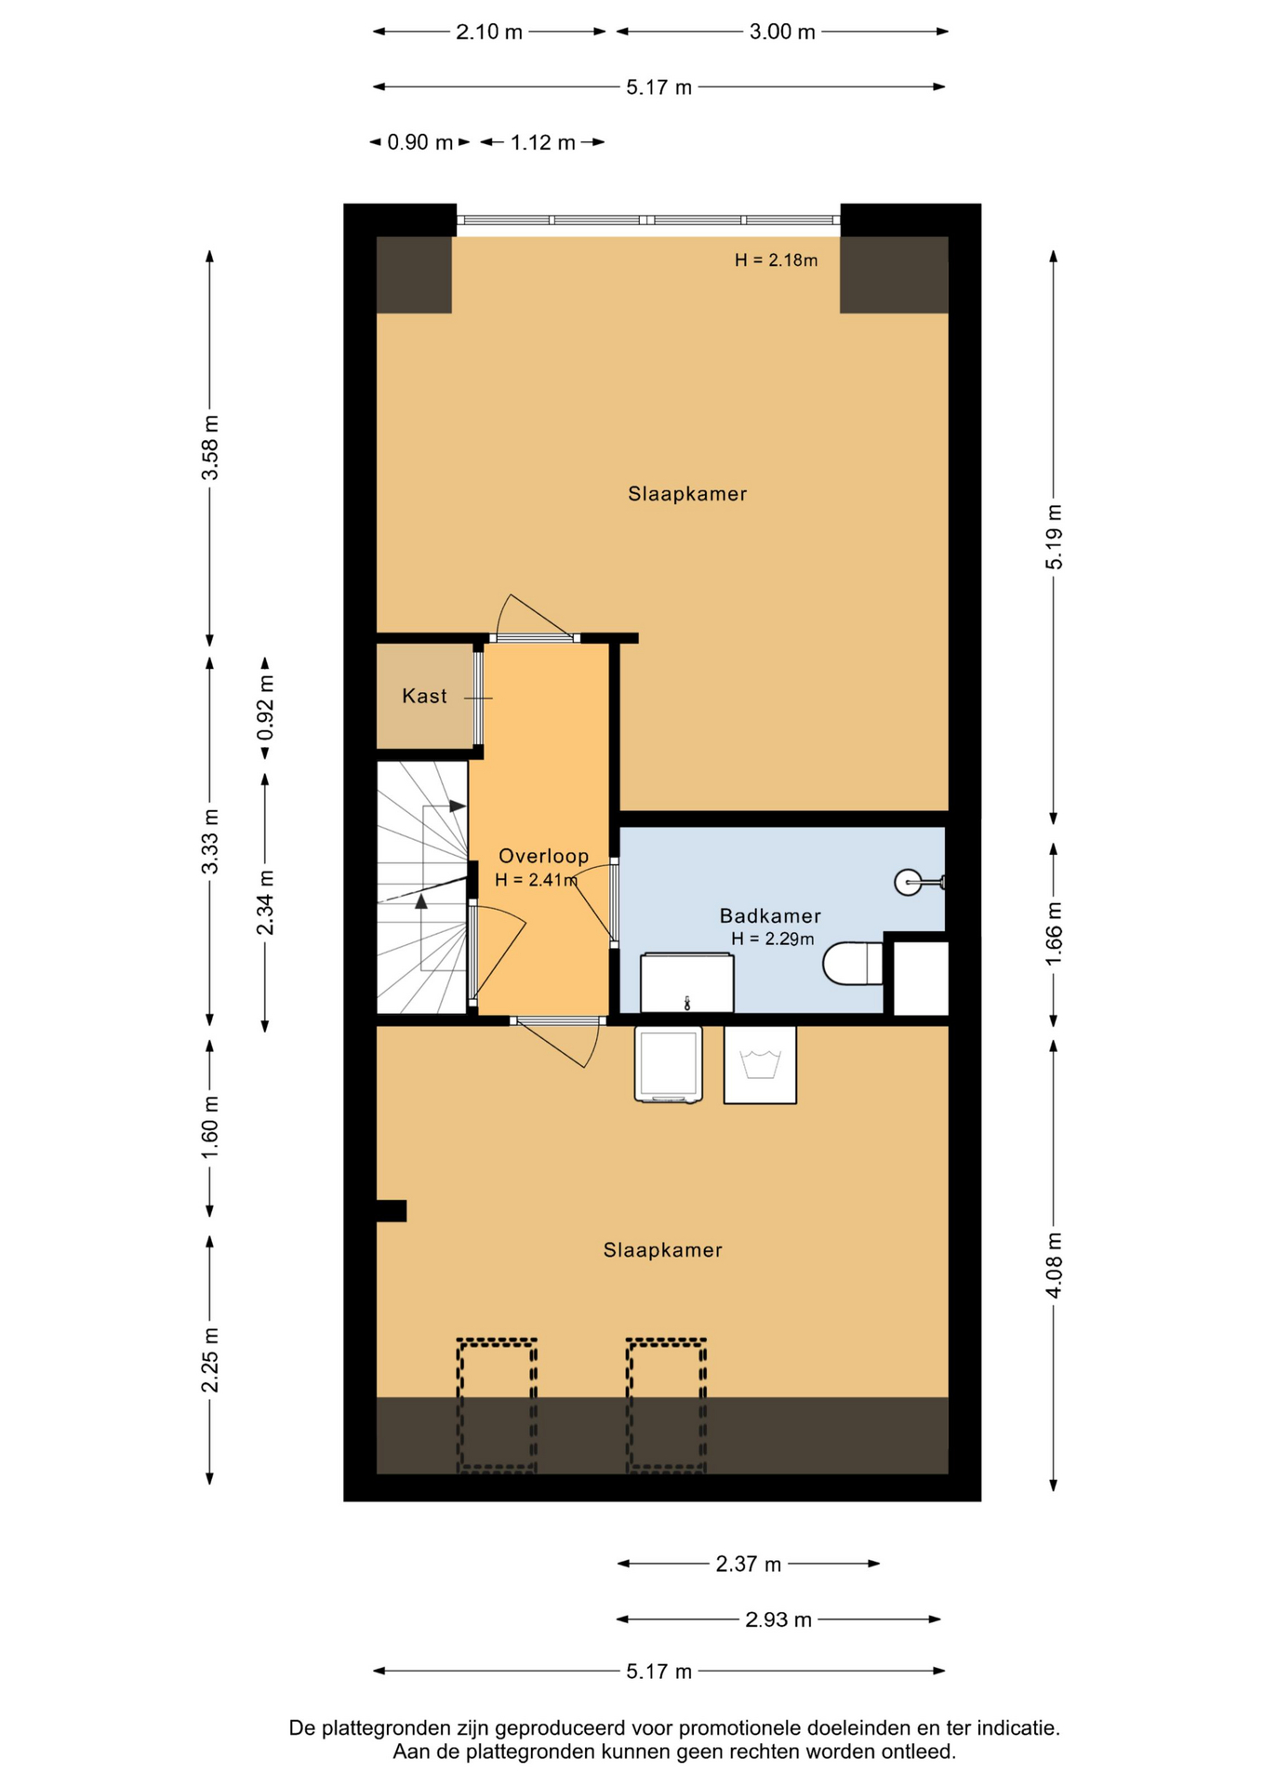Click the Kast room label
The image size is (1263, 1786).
point(424,696)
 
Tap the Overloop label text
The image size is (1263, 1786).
point(544,856)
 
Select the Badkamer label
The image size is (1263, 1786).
point(770,916)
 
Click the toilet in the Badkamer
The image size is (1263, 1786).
point(852,964)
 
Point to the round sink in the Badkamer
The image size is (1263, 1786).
point(909,882)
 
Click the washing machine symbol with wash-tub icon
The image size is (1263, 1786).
point(760,1064)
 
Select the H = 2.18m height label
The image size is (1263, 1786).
point(776,260)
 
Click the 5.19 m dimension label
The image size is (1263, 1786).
point(1054,537)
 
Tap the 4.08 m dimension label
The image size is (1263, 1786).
point(1054,1265)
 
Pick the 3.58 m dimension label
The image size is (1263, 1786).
point(210,448)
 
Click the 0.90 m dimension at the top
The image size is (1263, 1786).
point(420,142)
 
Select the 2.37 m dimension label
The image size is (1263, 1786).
point(749,1565)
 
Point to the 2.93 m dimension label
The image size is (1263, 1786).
point(778,1620)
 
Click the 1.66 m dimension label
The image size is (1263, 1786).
point(1054,933)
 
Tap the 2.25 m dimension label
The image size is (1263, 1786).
point(210,1360)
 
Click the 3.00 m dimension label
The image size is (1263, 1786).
point(782,32)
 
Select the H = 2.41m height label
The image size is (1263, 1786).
point(537,880)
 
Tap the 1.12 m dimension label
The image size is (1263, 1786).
point(543,142)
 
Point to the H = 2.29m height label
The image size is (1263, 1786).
point(772,940)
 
